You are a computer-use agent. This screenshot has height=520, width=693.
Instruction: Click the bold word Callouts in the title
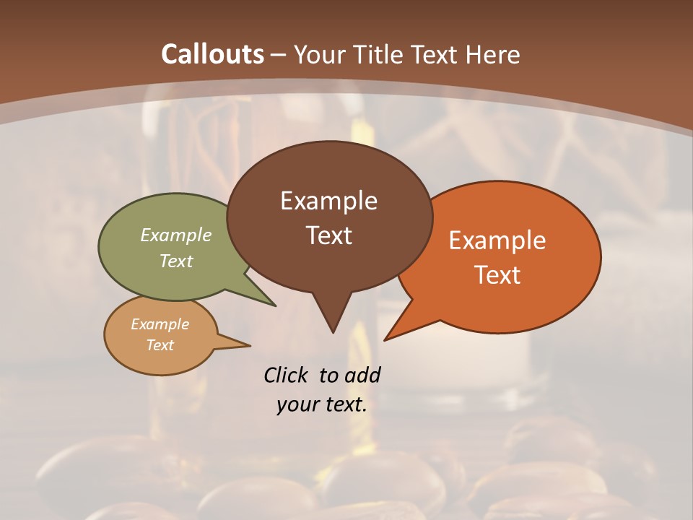213,54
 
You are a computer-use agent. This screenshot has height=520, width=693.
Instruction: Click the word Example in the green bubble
176,235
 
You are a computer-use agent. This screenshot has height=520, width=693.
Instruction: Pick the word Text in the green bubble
176,261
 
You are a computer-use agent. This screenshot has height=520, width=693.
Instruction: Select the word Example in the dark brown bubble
328,201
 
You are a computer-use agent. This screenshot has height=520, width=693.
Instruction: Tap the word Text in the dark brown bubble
328,235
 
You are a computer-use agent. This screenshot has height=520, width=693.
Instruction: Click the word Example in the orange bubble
497,240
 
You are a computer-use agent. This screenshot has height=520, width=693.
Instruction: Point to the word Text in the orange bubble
497,275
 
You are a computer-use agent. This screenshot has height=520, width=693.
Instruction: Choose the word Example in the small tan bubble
160,324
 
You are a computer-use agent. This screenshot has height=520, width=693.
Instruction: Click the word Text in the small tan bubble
160,345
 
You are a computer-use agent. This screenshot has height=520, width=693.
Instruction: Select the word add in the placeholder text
362,375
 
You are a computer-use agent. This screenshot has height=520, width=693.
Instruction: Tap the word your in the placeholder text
297,404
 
